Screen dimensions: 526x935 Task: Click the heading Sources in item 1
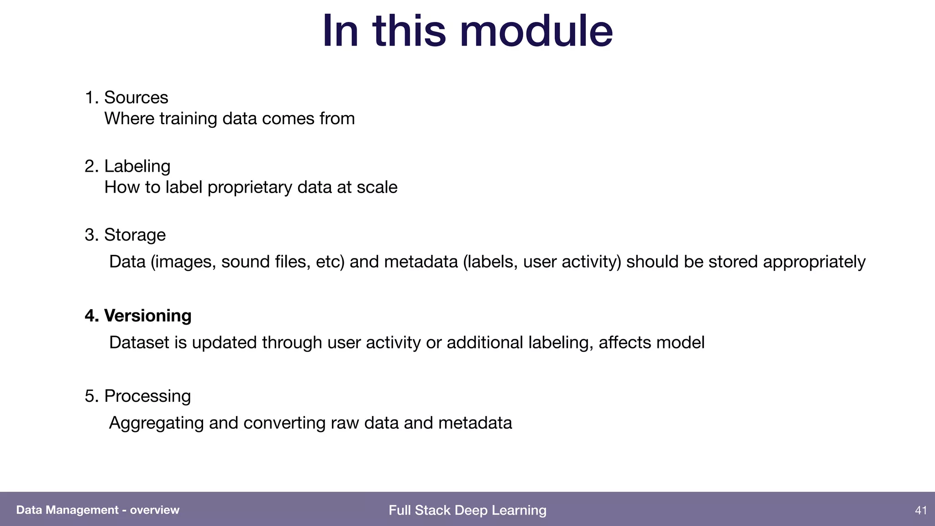point(136,97)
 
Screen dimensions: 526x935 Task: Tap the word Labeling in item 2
point(137,166)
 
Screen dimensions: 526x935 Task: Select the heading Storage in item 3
point(135,235)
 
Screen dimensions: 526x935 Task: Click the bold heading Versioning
point(147,316)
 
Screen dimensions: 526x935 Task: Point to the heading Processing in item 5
point(147,396)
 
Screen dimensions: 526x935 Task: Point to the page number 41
point(921,510)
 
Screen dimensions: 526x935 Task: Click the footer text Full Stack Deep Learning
point(467,510)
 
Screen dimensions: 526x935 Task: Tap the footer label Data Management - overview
point(98,510)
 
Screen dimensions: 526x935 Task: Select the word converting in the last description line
point(284,423)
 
